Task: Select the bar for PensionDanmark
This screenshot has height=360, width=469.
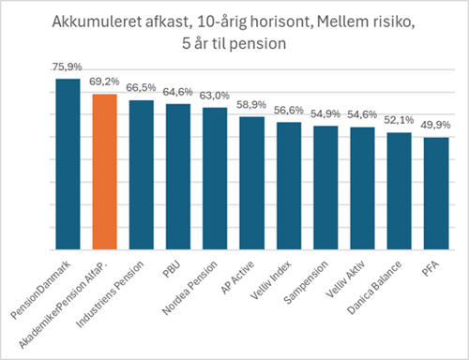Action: click(68, 164)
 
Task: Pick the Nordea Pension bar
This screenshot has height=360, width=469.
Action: click(215, 178)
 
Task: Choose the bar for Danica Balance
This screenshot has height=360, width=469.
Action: click(399, 191)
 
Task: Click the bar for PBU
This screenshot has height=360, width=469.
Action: click(178, 176)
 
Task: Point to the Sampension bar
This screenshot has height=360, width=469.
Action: click(325, 187)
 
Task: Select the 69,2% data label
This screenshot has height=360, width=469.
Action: click(105, 82)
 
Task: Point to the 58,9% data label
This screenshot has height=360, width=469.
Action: click(251, 105)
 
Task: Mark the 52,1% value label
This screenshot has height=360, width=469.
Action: click(399, 122)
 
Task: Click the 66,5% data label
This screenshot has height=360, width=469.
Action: click(142, 88)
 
